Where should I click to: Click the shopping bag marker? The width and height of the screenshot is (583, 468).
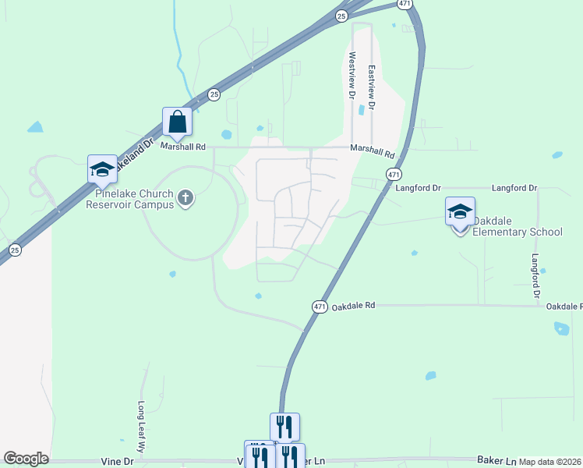click(x=177, y=122)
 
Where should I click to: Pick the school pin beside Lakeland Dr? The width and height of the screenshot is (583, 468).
click(x=102, y=169)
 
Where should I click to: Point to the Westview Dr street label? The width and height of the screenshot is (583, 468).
click(x=352, y=75)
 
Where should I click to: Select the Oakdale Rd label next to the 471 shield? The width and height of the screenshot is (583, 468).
click(x=353, y=307)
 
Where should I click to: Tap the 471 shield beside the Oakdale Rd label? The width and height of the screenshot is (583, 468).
click(x=320, y=307)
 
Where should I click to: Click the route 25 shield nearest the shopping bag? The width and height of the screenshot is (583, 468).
click(x=214, y=95)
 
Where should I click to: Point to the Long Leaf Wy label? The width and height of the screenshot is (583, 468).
click(x=142, y=427)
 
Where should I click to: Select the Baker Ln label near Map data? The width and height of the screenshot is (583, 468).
click(x=497, y=462)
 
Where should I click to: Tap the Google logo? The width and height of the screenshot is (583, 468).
click(x=26, y=459)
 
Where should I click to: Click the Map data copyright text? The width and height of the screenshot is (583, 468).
click(x=550, y=462)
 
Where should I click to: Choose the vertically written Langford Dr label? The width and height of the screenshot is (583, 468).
click(x=535, y=276)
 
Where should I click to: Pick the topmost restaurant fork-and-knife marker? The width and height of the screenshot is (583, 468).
click(x=284, y=427)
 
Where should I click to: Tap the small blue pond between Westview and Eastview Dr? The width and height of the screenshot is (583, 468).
click(x=361, y=110)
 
